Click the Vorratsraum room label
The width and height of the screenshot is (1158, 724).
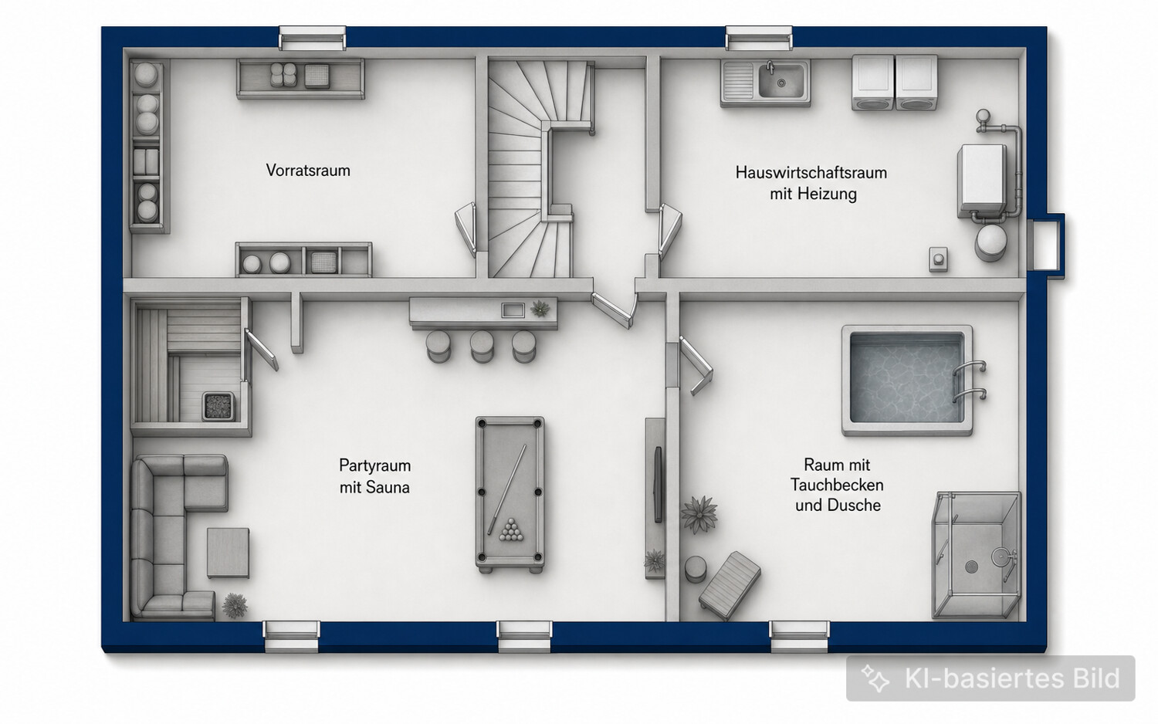pyautogui.click(x=308, y=170)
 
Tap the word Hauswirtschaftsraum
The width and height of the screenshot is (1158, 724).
pyautogui.click(x=811, y=172)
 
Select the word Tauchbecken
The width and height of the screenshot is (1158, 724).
pyautogui.click(x=837, y=485)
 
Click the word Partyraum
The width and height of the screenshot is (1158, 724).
pyautogui.click(x=374, y=465)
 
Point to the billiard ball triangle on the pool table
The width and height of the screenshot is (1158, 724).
pyautogui.click(x=511, y=529)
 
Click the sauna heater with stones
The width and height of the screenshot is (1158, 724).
pyautogui.click(x=218, y=406)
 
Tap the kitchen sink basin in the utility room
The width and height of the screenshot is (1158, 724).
pyautogui.click(x=781, y=80)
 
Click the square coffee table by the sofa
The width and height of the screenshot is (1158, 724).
pyautogui.click(x=228, y=553)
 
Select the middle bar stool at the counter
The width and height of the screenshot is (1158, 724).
pyautogui.click(x=481, y=346)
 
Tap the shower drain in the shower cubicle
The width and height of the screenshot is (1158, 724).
pyautogui.click(x=972, y=567)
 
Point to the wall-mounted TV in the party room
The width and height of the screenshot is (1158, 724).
pyautogui.click(x=658, y=485)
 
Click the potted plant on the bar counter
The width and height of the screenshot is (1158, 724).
pyautogui.click(x=540, y=309)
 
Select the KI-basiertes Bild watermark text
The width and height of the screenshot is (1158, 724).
pyautogui.click(x=1011, y=678)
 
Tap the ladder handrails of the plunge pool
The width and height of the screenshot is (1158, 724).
pyautogui.click(x=970, y=381)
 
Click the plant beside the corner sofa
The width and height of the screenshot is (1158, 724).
pyautogui.click(x=235, y=605)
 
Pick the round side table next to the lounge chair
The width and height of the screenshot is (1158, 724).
pyautogui.click(x=696, y=569)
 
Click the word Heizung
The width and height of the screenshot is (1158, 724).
pyautogui.click(x=827, y=194)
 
